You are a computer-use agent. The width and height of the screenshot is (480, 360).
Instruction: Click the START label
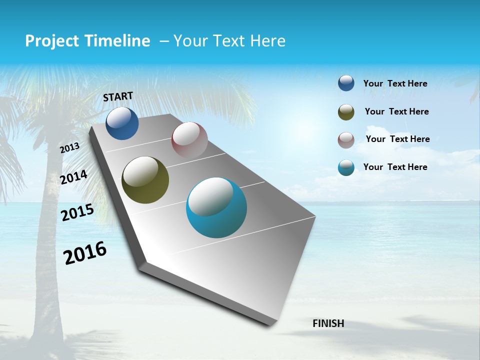pyautogui.click(x=118, y=96)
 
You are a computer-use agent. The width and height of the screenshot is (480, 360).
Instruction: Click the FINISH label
pyautogui.click(x=328, y=323)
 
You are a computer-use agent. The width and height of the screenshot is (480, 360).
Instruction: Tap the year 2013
pyautogui.click(x=69, y=148)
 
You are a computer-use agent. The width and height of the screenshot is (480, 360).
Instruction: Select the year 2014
pyautogui.click(x=73, y=177)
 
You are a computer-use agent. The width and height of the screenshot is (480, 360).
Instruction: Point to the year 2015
pyautogui.click(x=77, y=212)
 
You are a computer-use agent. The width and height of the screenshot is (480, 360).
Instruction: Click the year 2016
pyautogui.click(x=85, y=252)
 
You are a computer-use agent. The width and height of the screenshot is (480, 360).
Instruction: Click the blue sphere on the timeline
pyautogui.click(x=122, y=123)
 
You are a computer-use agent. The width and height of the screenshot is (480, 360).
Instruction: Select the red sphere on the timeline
pyautogui.click(x=189, y=139)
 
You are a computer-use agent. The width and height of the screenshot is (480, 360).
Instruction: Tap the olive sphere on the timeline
pyautogui.click(x=145, y=180)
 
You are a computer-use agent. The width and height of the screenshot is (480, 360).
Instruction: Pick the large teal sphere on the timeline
pyautogui.click(x=216, y=207)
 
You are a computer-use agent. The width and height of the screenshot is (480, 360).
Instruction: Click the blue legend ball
pyautogui.click(x=346, y=83)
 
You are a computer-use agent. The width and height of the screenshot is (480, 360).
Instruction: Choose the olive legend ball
pyautogui.click(x=346, y=112)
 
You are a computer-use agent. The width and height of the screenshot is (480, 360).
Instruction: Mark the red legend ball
pyautogui.click(x=346, y=140)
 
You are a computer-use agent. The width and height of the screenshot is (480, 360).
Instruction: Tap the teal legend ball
pyautogui.click(x=346, y=168)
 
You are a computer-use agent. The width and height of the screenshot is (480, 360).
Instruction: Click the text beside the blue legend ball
pyautogui.click(x=395, y=83)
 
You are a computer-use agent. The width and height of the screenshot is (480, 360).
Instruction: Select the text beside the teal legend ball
pyautogui.click(x=395, y=167)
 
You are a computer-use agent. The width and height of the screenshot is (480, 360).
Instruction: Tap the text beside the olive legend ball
pyautogui.click(x=396, y=111)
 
